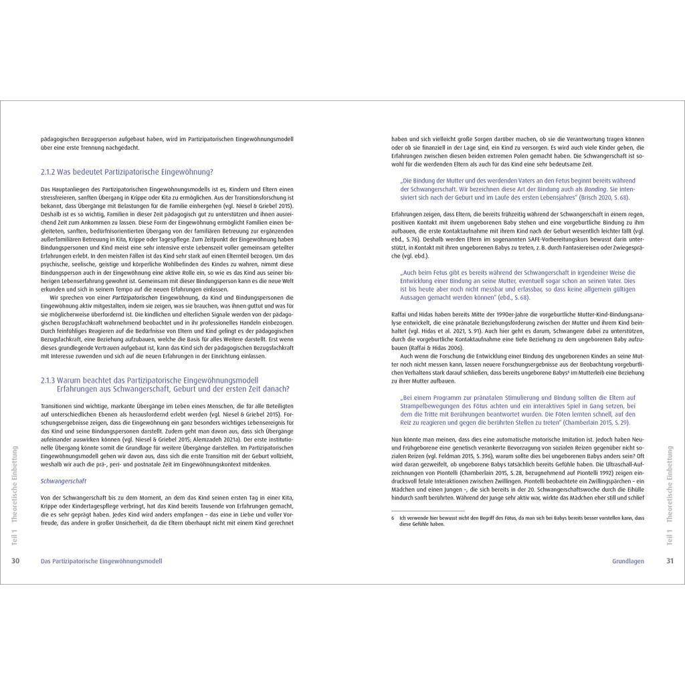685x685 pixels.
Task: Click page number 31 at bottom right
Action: click(x=670, y=561)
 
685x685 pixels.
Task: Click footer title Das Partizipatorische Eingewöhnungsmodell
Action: click(x=101, y=561)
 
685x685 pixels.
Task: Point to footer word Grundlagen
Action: click(x=628, y=561)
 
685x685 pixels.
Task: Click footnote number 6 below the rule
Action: click(x=393, y=518)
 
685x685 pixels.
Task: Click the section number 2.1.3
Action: click(x=51, y=380)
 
